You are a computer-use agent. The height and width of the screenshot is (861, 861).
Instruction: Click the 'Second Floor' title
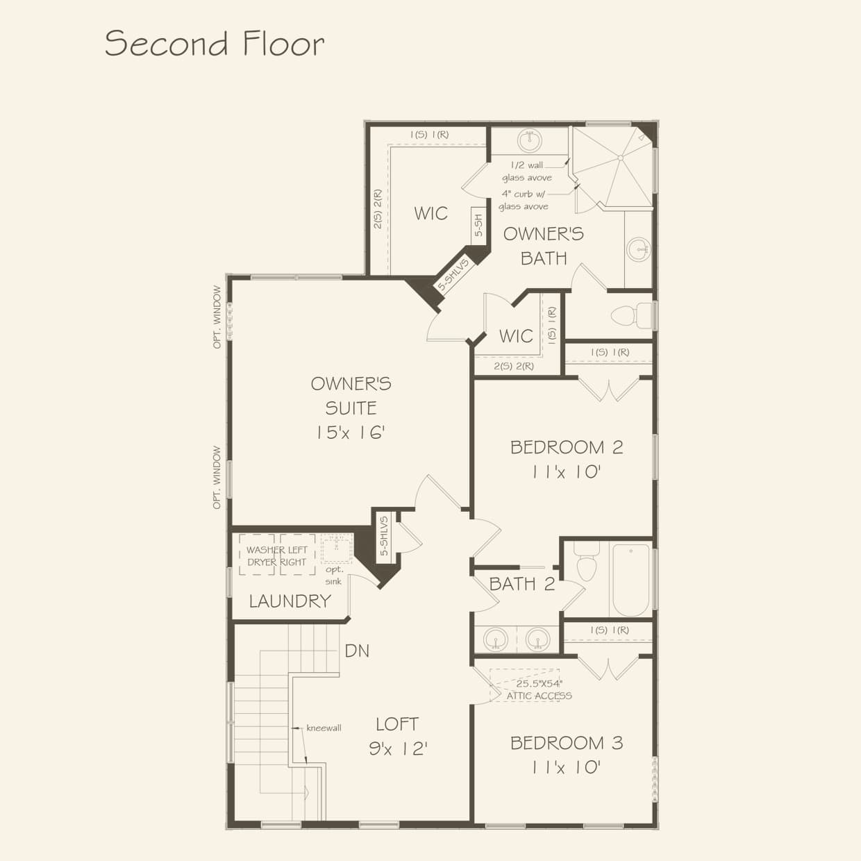(x=214, y=43)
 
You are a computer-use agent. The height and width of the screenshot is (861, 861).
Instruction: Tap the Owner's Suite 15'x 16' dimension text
(x=350, y=433)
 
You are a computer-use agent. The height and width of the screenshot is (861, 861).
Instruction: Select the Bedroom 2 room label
(x=566, y=447)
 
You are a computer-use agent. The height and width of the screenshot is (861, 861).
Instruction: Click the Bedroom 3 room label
(x=566, y=743)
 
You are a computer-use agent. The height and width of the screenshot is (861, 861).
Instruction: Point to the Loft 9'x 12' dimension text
(x=397, y=749)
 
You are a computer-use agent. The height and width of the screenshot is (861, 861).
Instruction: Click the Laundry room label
(x=290, y=601)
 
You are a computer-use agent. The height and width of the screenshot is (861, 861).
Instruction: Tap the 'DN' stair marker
(x=357, y=651)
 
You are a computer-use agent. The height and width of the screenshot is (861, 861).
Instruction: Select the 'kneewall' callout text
(x=324, y=728)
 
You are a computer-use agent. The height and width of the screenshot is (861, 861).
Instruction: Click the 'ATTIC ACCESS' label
(x=539, y=696)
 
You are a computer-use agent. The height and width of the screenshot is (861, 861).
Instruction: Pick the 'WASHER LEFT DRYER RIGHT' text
(x=276, y=556)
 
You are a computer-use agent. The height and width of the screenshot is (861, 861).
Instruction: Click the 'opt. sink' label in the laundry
(x=333, y=576)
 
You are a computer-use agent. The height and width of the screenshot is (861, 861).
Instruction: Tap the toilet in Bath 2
(x=587, y=563)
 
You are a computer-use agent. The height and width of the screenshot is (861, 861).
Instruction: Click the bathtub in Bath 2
(x=630, y=580)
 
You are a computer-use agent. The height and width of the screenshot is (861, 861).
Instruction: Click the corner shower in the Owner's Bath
(x=615, y=167)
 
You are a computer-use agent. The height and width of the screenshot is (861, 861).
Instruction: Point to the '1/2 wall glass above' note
(x=526, y=172)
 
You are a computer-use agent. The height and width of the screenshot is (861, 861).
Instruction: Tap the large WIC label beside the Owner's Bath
(x=430, y=214)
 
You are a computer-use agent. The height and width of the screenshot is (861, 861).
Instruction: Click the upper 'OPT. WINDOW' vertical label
(x=217, y=317)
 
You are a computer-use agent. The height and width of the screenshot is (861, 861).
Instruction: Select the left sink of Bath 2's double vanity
(x=496, y=638)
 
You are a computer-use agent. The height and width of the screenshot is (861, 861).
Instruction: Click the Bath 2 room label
(x=521, y=584)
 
